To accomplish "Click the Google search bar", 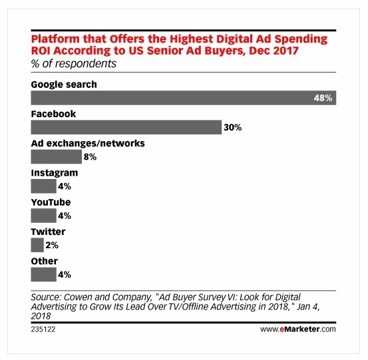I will click(x=184, y=97).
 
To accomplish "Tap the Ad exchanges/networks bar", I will click(x=56, y=157).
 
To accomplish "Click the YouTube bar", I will click(x=44, y=215).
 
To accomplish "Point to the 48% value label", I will click(x=323, y=97).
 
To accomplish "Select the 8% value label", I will click(x=90, y=157).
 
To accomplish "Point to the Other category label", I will click(x=45, y=261).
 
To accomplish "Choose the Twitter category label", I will click(x=48, y=232).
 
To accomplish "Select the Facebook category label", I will click(x=54, y=114).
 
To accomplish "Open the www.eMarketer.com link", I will click(x=297, y=328).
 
